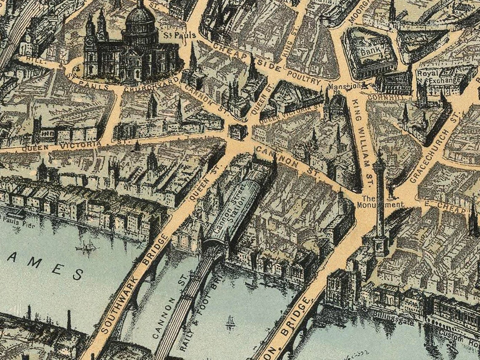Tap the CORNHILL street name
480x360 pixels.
click(x=381, y=96)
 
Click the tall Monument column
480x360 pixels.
click(x=380, y=198)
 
